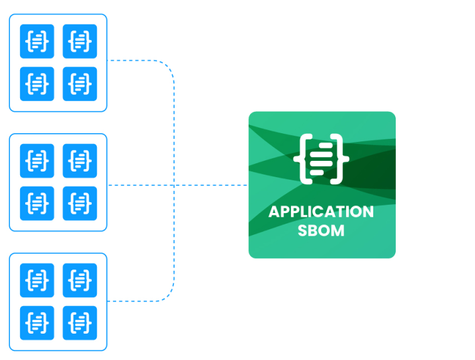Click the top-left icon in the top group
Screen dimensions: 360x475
pos(36,41)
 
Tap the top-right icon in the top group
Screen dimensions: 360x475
pos(80,41)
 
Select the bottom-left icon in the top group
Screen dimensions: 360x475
pos(36,84)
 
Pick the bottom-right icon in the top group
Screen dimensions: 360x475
pos(80,84)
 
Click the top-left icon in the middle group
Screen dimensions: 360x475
pos(36,161)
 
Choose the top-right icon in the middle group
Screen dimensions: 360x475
pos(80,161)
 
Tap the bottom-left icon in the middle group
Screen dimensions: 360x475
pos(36,203)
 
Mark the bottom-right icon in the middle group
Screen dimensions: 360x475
pos(80,203)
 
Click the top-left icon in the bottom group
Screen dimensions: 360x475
pos(36,280)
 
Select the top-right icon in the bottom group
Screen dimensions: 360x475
pos(80,280)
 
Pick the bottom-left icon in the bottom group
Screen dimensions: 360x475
pos(36,322)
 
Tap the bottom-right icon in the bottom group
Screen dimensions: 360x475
pos(80,322)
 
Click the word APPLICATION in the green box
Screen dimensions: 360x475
pos(321,212)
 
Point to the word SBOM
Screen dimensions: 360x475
pos(322,230)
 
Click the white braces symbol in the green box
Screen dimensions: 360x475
pos(321,159)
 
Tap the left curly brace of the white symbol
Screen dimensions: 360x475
pos(301,159)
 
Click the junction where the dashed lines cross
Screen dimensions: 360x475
pos(174,185)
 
